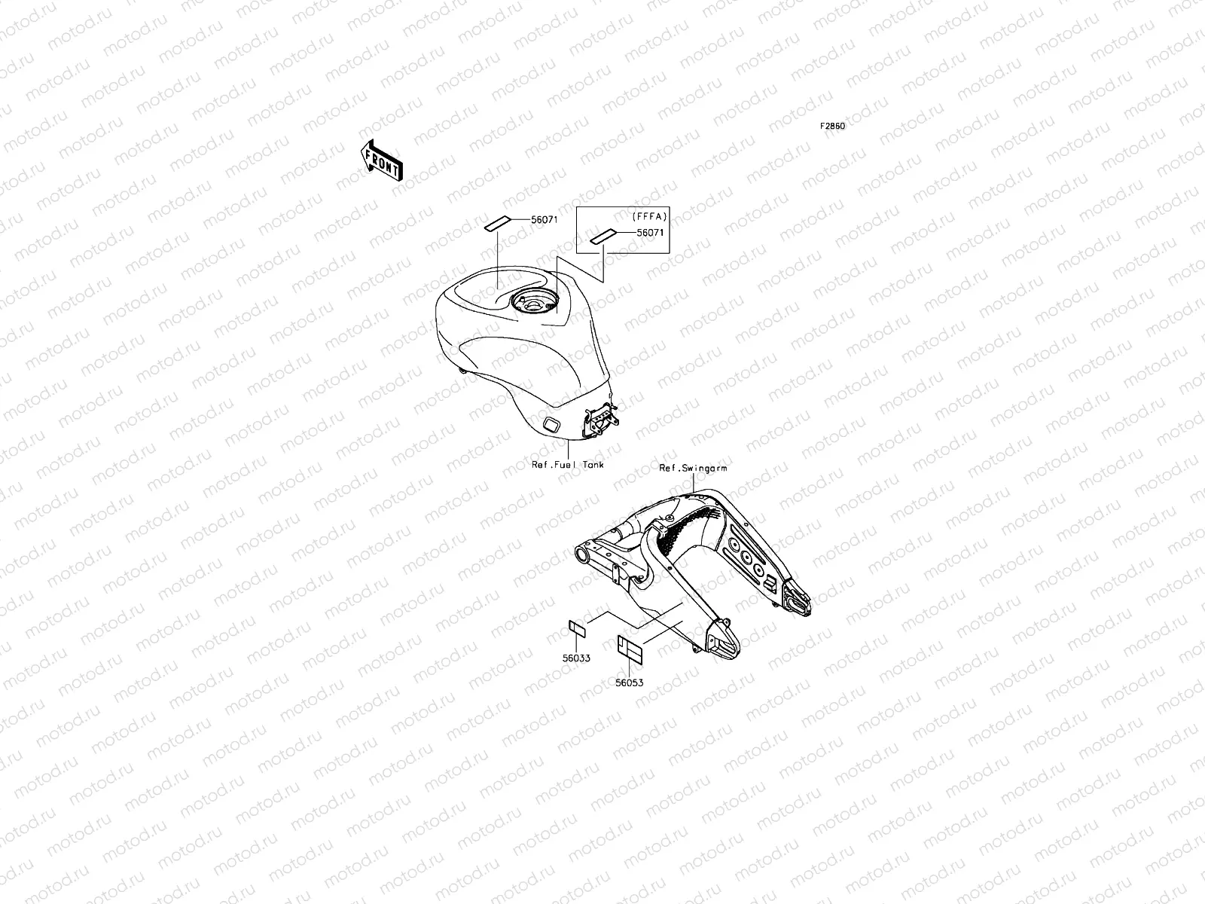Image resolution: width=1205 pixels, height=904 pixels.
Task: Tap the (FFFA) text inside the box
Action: (x=649, y=217)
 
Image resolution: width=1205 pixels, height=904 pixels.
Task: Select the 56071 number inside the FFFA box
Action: (x=651, y=234)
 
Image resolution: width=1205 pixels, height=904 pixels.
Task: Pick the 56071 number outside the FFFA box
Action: (x=545, y=219)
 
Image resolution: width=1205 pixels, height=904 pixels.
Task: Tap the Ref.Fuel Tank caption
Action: (x=567, y=465)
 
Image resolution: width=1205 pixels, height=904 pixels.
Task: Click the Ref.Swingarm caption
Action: (x=693, y=468)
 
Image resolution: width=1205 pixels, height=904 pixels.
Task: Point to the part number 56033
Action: (x=575, y=658)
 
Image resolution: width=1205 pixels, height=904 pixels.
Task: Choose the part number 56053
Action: (x=630, y=683)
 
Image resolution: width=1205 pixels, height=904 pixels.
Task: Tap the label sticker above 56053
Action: (x=629, y=647)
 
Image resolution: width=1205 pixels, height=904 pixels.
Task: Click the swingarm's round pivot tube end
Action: (x=583, y=557)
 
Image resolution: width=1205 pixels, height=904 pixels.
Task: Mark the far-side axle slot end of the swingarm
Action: (x=797, y=600)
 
